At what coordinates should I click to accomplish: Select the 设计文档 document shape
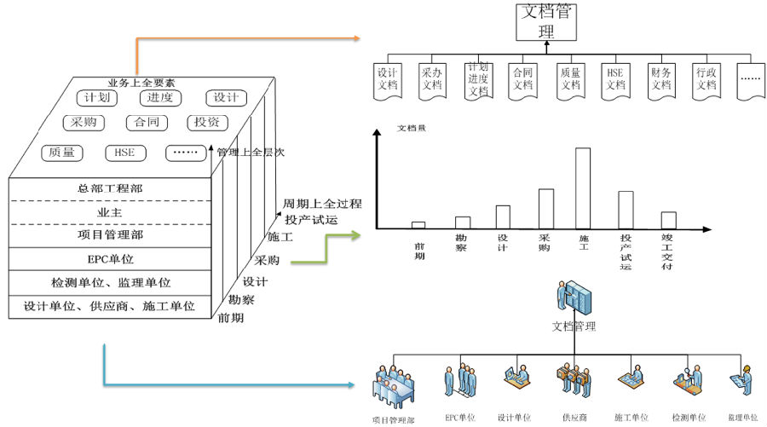click(388, 79)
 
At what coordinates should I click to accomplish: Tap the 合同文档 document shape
click(522, 79)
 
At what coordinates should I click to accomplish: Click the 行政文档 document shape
click(706, 79)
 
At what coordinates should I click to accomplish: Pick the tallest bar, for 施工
click(583, 188)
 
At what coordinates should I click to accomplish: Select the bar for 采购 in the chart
click(546, 208)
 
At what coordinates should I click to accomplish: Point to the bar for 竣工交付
click(668, 220)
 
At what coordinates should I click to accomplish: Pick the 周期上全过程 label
click(322, 204)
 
